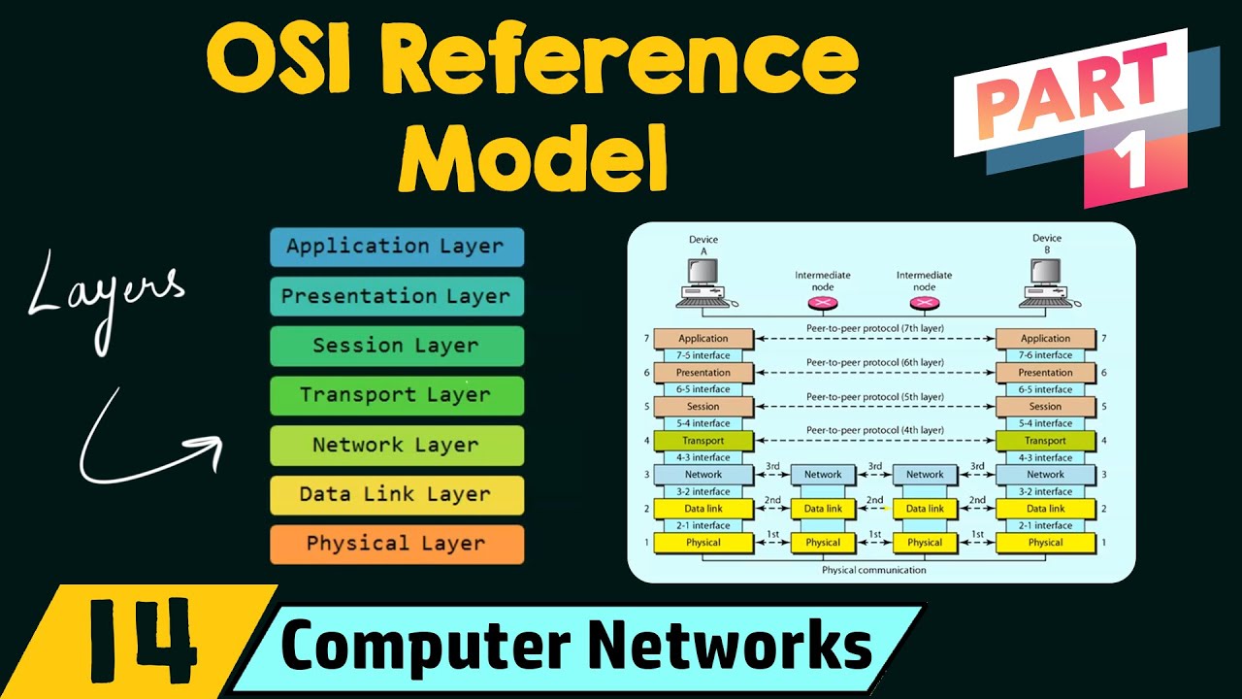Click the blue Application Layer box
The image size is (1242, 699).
(396, 247)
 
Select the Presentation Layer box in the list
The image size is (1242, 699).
(396, 296)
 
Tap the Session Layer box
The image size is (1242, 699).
(396, 346)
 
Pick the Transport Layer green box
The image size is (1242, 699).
(396, 395)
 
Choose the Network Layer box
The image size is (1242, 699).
(396, 445)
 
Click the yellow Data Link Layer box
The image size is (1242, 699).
(396, 494)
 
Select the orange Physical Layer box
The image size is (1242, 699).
(396, 544)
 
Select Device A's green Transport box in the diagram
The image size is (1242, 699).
(703, 441)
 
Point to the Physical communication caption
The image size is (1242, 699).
(873, 570)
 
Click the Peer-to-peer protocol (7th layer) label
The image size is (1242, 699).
(874, 329)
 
